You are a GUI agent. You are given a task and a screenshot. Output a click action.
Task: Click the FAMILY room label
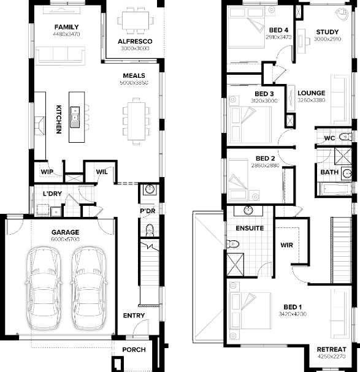[x=66, y=27]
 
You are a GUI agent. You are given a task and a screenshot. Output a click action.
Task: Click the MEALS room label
[x=134, y=75]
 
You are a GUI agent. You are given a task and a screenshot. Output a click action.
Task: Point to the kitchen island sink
[x=75, y=114]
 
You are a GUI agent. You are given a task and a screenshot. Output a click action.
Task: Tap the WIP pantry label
[x=47, y=172]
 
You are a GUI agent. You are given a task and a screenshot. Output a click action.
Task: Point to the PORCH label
[x=134, y=350]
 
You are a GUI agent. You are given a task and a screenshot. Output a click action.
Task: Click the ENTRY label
[x=134, y=316]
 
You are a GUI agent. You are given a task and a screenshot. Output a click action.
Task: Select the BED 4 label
[x=278, y=29]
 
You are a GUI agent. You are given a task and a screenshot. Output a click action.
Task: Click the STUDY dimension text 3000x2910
[x=327, y=39]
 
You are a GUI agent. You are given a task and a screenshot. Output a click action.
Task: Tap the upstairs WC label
[x=329, y=139]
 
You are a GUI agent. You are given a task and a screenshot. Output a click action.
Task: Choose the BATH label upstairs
[x=329, y=172]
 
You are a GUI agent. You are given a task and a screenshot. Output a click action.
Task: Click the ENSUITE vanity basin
[x=248, y=211]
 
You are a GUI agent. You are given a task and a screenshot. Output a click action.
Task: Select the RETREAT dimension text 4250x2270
[x=332, y=356]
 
